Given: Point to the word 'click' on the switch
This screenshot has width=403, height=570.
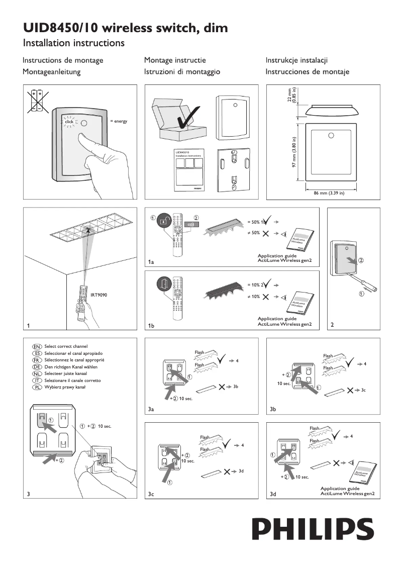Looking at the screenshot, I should (69, 122).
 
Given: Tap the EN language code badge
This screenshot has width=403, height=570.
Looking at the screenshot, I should (36, 346).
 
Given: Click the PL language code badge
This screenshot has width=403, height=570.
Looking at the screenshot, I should (36, 388).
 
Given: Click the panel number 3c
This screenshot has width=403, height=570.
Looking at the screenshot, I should (151, 495).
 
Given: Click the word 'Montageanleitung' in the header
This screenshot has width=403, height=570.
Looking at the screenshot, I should (52, 72).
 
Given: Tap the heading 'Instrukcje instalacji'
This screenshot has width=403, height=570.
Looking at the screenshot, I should (297, 60).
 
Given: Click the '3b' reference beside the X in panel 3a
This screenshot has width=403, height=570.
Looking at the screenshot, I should (235, 386).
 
